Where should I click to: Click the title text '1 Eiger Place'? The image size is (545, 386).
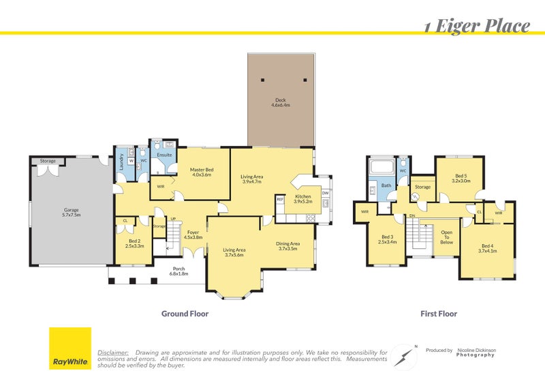pos(476,27)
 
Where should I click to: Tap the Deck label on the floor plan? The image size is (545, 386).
pos(281,103)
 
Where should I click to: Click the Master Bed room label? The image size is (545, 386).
pos(201,172)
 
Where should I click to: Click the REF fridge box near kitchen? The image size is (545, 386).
pos(280,199)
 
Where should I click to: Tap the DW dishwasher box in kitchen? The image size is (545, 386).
pos(325,194)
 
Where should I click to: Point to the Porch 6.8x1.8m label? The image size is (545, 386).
pos(179,271)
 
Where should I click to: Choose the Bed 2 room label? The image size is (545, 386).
pos(136,242)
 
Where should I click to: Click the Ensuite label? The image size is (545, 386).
pos(164,155)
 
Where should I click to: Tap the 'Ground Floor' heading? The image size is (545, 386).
pos(184,314)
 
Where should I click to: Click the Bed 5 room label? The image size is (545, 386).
pos(461,179)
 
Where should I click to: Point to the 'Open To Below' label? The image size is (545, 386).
pos(446,237)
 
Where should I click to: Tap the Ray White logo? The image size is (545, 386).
pos(70,348)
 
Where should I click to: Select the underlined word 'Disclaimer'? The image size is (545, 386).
pos(113,352)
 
